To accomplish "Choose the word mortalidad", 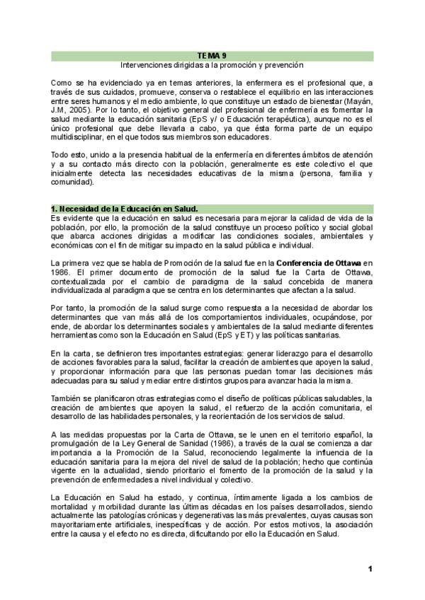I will point(72,508).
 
